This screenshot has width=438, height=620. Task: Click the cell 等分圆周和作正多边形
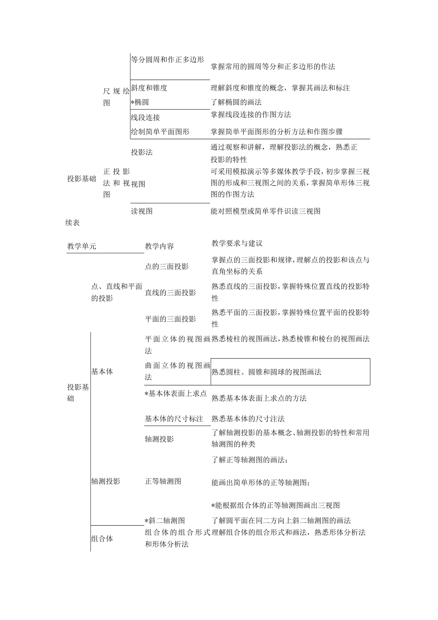tap(167, 60)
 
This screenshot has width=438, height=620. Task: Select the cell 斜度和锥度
tap(149, 88)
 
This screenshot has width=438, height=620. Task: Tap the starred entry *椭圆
tap(142, 102)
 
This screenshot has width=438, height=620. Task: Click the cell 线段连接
tap(145, 117)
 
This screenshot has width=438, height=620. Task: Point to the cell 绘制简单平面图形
tap(159, 131)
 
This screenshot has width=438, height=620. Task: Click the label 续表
tap(73, 222)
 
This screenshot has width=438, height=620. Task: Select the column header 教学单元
tap(81, 246)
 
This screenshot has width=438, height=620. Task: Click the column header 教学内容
tap(159, 246)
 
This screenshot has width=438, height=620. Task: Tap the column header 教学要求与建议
tap(237, 244)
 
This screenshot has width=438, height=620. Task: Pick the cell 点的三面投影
tap(167, 266)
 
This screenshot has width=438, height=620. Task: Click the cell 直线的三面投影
tap(170, 293)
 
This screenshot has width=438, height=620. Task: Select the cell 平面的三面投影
tap(170, 319)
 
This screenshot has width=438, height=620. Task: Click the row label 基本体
tap(102, 371)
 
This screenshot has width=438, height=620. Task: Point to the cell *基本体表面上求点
tap(176, 394)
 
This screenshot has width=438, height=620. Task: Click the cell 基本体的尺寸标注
tap(174, 419)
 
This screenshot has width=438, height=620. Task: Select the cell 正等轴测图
tap(163, 481)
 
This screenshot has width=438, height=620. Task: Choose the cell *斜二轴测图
tap(165, 520)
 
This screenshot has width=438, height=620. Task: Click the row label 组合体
tap(102, 539)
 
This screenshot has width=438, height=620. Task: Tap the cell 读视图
tap(142, 211)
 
